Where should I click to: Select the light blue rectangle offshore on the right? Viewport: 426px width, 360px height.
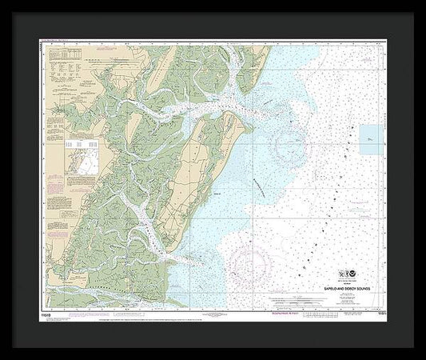point(370,139)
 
